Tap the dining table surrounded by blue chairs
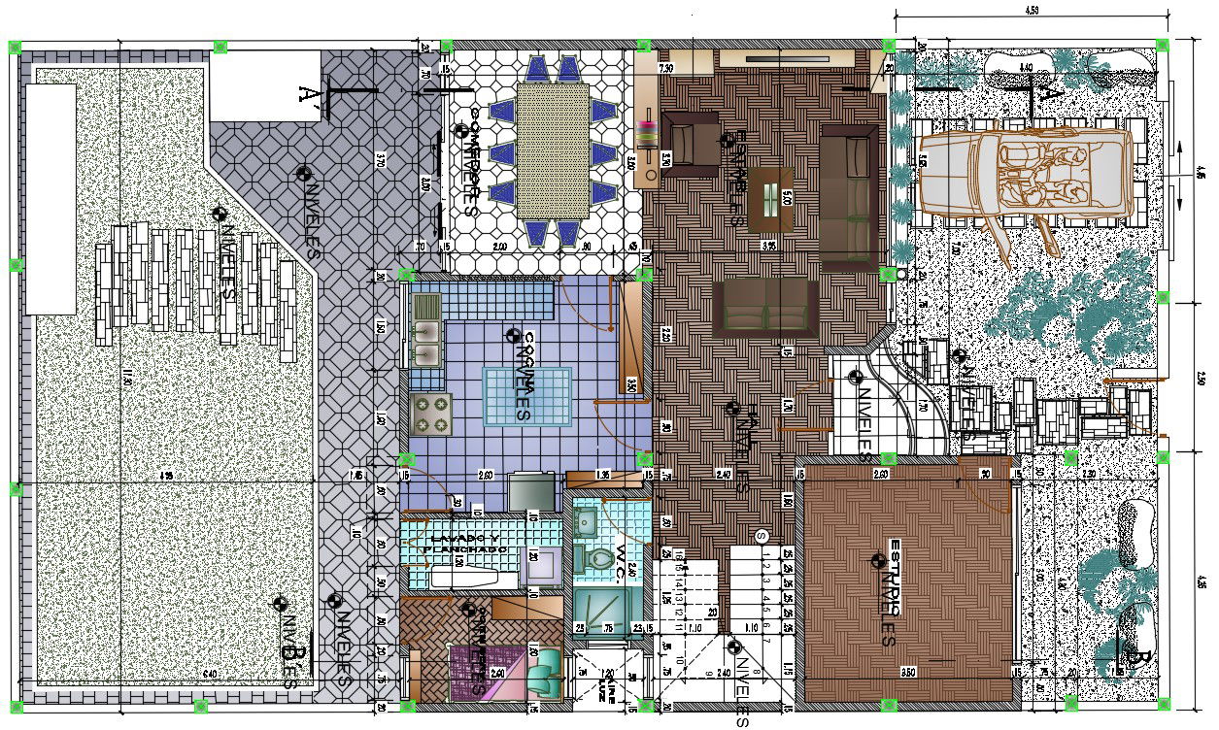tap(553, 150)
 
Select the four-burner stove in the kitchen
tap(431, 413)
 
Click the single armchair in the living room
tap(691, 144)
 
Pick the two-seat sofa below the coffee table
tap(765, 307)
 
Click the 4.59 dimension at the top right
tap(1031, 9)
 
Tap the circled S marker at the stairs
tap(761, 535)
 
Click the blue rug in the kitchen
tap(525, 396)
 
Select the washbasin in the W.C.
tap(588, 521)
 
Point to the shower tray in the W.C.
tap(593, 608)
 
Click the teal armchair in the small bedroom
tap(546, 670)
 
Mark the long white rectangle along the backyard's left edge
tap(51, 198)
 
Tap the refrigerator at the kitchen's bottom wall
tap(530, 489)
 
